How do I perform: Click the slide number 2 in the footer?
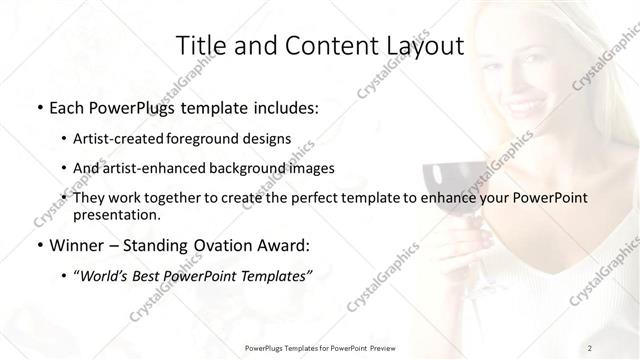591,346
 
